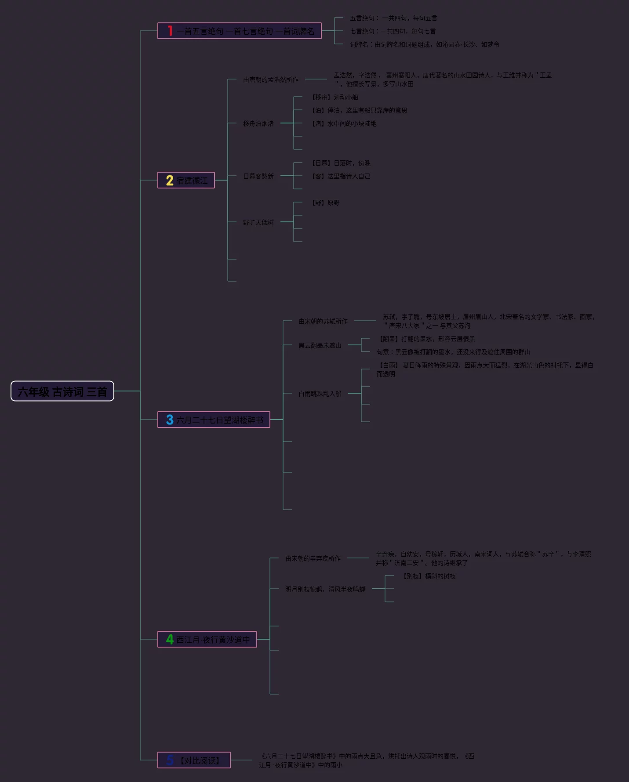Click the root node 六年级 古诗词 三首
coord(62,391)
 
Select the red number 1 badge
coord(170,31)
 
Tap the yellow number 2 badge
coord(170,180)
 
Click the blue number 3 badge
coord(170,420)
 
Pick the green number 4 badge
coord(170,639)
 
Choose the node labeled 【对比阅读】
coord(200,760)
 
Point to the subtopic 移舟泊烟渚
coord(258,123)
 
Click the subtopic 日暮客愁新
coord(258,176)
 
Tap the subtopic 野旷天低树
coord(258,222)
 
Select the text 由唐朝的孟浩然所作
coord(271,80)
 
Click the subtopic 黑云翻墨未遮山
coord(320,345)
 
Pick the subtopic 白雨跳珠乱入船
coord(320,394)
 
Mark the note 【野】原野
coord(325,203)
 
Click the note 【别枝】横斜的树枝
coord(429,576)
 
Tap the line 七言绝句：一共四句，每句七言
coord(393,31)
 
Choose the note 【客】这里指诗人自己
coord(341,176)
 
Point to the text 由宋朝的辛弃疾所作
coord(313,558)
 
